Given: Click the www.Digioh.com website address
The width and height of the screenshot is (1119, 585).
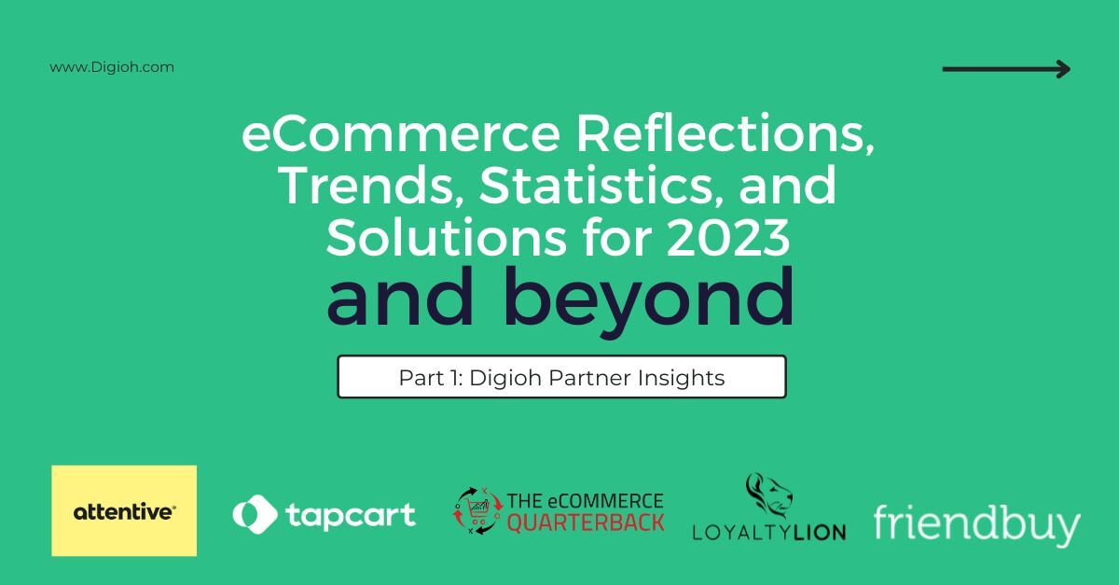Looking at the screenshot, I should [x=112, y=67].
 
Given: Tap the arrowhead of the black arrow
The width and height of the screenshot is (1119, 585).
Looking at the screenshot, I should [x=1064, y=68].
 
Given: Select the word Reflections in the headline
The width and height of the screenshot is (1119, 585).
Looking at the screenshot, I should [x=725, y=137].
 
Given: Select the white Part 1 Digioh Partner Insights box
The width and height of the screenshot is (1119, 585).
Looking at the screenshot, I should [x=561, y=377].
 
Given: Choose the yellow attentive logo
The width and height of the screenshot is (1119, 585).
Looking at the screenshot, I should [x=124, y=510].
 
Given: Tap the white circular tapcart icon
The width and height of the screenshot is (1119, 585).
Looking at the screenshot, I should [x=255, y=514].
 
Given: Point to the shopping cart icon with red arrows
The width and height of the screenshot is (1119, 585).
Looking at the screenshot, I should [x=477, y=510].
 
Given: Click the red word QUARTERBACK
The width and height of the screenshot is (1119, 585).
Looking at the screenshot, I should [x=586, y=522].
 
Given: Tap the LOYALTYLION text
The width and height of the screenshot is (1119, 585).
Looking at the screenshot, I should [x=768, y=532].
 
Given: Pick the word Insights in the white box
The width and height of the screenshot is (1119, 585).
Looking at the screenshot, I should [x=686, y=378].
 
